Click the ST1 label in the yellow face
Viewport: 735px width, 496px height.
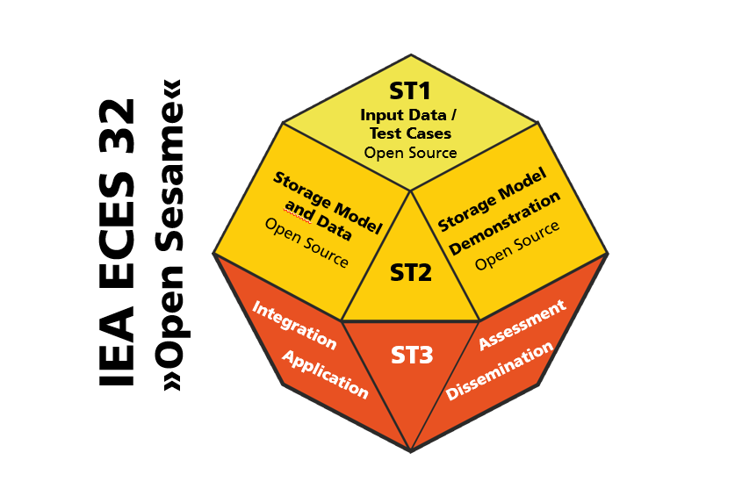(411, 91)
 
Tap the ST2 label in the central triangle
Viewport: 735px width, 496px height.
(411, 272)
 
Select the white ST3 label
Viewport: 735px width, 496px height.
(412, 356)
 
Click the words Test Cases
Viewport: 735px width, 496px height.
(410, 133)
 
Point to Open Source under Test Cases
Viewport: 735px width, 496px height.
(410, 153)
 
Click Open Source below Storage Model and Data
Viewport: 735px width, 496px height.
(306, 243)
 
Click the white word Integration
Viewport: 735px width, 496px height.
(294, 324)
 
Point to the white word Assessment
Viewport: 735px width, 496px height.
(522, 326)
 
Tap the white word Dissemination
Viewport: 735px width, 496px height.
(499, 371)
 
